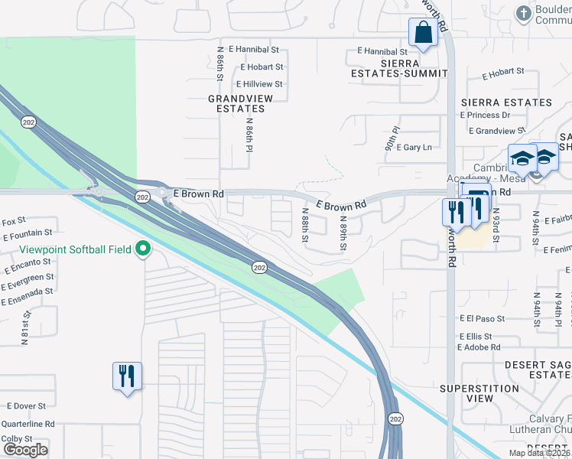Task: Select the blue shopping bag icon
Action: [422, 33]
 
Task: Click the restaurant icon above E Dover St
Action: [126, 376]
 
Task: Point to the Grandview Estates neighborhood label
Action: [236, 103]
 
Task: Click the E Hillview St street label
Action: [259, 84]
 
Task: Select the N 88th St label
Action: [304, 226]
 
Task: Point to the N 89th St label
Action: [343, 233]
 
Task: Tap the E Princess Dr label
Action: [485, 116]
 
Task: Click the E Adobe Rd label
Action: [479, 347]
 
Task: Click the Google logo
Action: [25, 450]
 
